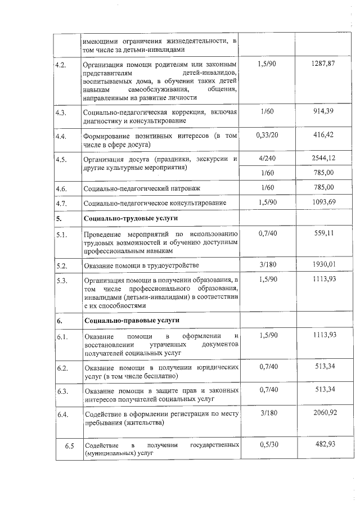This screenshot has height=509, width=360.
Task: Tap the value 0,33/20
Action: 267,135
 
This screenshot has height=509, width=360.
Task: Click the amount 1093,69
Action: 323,201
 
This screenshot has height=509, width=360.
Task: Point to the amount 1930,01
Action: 323,264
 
